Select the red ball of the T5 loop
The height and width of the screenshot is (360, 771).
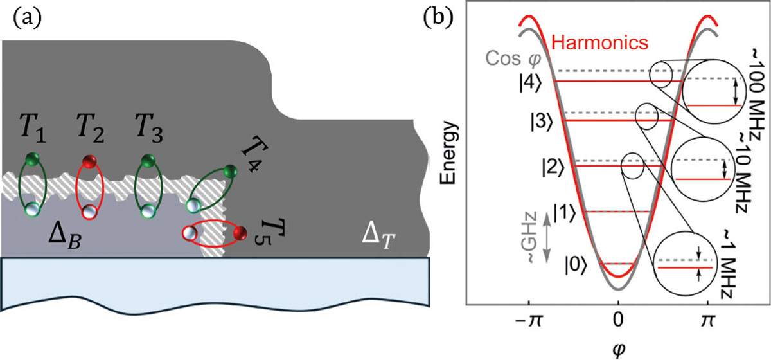240,232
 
